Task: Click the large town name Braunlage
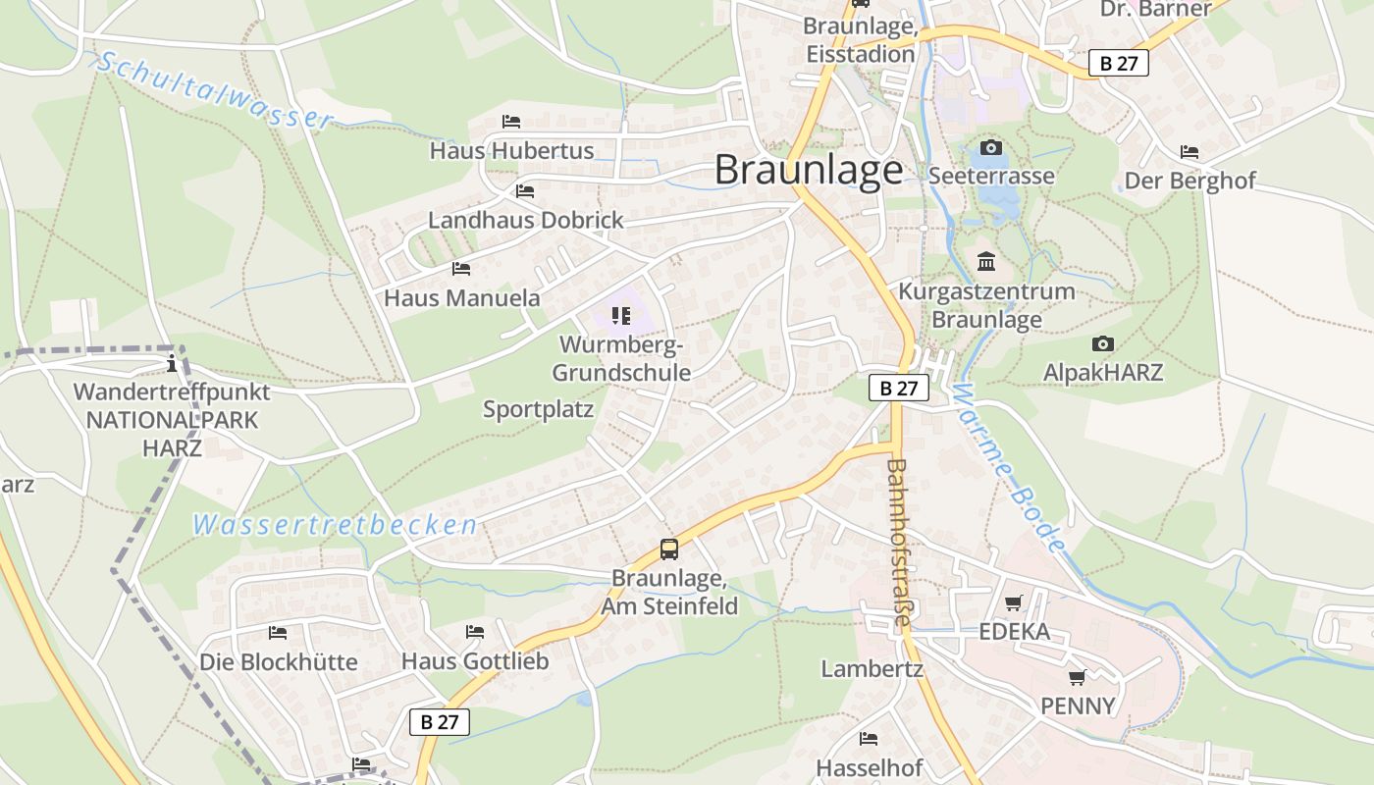click(809, 170)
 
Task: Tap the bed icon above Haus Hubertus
click(511, 122)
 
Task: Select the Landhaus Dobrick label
click(526, 220)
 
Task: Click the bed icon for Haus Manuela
click(461, 268)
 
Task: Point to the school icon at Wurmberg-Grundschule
click(620, 316)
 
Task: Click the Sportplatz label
click(538, 409)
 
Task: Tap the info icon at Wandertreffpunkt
click(173, 364)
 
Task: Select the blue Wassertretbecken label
click(335, 525)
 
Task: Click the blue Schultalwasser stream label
click(215, 90)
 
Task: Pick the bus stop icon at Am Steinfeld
click(669, 549)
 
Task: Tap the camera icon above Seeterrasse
click(991, 148)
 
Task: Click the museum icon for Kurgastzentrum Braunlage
click(986, 262)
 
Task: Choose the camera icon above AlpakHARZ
click(1103, 344)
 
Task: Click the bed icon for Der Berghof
click(1189, 152)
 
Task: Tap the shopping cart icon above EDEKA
click(1014, 602)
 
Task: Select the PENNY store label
click(1078, 706)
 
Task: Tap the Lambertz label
click(872, 669)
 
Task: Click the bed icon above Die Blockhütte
click(278, 633)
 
